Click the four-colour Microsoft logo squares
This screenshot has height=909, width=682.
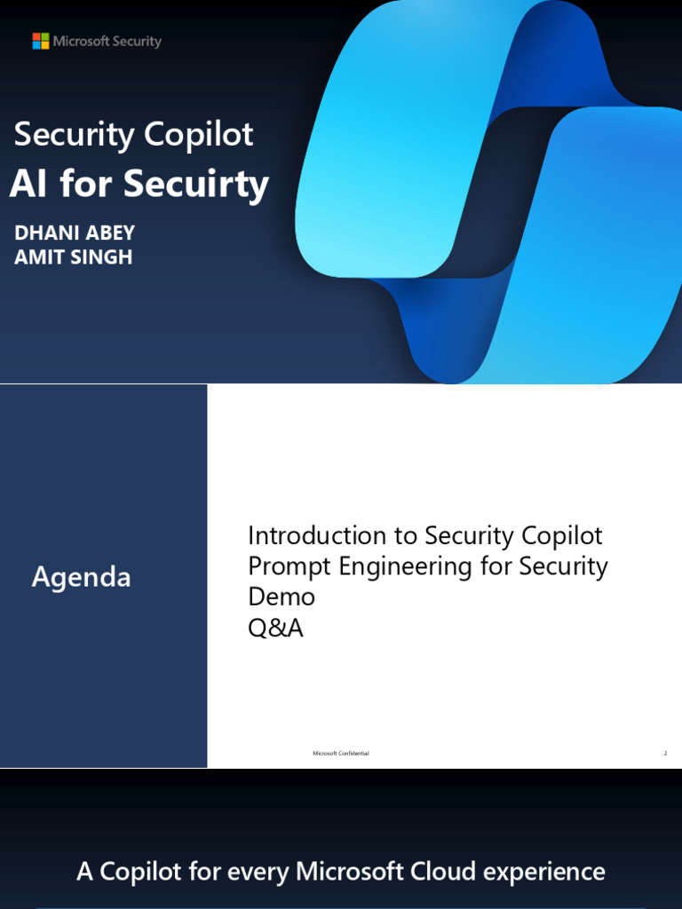click(x=40, y=41)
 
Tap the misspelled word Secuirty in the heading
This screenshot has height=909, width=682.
click(x=196, y=184)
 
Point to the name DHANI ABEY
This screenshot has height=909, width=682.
click(x=75, y=233)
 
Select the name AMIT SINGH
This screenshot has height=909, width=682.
click(x=73, y=257)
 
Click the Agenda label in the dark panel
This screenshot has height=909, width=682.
click(x=82, y=577)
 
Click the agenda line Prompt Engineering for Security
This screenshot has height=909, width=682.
click(x=427, y=566)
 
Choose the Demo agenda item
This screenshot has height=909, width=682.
click(x=282, y=597)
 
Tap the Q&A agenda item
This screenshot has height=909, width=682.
click(x=275, y=628)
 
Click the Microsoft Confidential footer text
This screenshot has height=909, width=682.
click(x=341, y=754)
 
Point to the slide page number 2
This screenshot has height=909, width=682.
click(x=665, y=754)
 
